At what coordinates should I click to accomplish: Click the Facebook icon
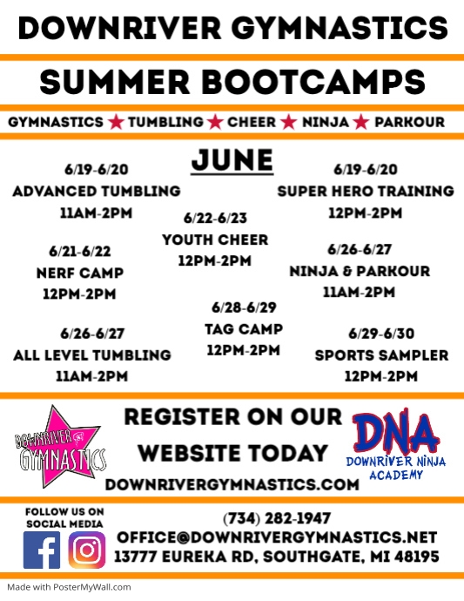(42, 550)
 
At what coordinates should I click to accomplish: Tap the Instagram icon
(86, 550)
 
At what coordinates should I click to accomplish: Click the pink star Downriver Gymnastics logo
(60, 448)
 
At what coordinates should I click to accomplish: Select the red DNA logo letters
(396, 431)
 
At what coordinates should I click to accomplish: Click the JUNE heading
(232, 161)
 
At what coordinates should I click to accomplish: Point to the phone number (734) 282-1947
(277, 519)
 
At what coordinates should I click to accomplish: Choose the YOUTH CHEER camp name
(215, 240)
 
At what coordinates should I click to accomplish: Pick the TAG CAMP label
(243, 328)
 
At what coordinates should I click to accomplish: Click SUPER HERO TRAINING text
(365, 191)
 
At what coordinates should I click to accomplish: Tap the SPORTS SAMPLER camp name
(381, 355)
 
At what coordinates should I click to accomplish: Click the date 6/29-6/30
(381, 334)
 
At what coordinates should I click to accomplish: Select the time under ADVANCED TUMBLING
(96, 213)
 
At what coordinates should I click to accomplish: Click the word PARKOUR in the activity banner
(409, 122)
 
